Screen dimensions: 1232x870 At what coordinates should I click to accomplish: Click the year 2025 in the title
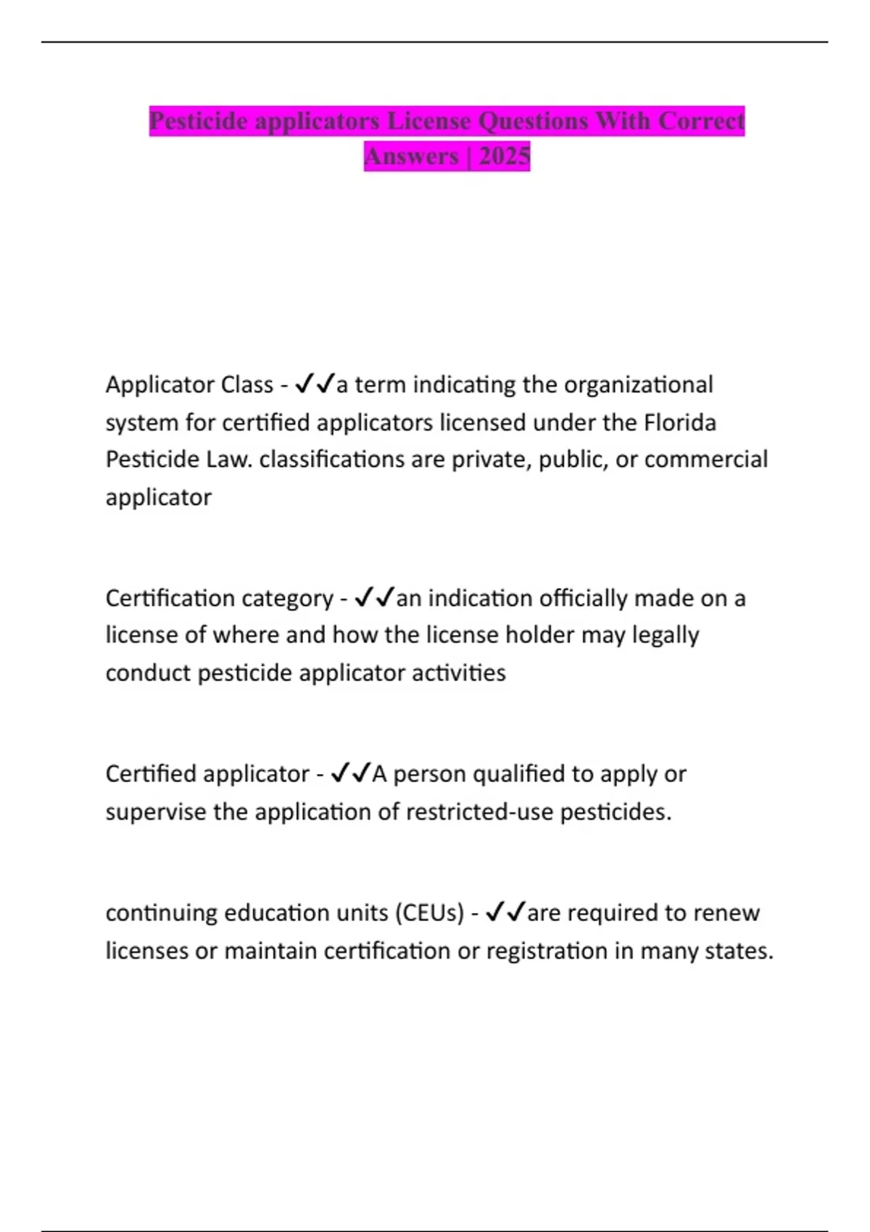[x=504, y=156]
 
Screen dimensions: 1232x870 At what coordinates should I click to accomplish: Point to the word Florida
[x=680, y=422]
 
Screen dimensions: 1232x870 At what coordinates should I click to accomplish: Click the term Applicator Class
[x=189, y=384]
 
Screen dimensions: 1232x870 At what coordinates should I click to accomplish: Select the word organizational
[x=638, y=384]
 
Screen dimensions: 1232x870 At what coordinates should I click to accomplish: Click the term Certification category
[x=219, y=598]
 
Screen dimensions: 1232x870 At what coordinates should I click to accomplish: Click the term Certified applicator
[x=207, y=774]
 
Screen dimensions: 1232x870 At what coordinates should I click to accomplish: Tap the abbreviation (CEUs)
[x=429, y=912]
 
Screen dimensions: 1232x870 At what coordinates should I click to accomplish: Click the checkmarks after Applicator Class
[x=315, y=383]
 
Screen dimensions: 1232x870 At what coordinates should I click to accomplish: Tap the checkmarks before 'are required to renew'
[x=505, y=912]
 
